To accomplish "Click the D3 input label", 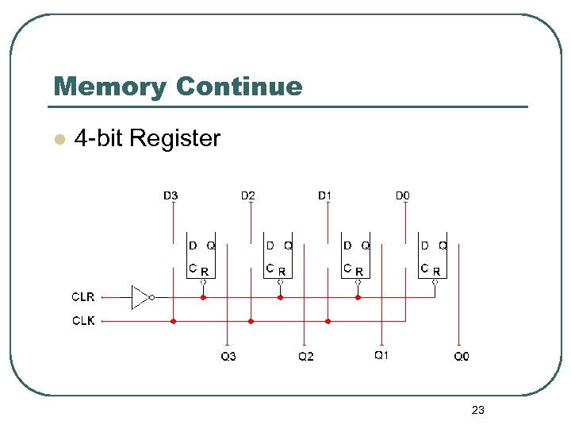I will click(171, 195).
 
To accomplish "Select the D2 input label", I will click(248, 195).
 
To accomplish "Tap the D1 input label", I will click(325, 195).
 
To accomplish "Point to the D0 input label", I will click(403, 195).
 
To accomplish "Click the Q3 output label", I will click(228, 357).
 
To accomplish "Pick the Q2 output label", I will click(305, 357).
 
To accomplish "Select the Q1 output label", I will click(381, 355).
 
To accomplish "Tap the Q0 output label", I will click(461, 357).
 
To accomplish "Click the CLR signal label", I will click(83, 297).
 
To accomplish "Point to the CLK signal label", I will click(83, 321).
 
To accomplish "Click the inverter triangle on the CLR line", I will click(140, 298).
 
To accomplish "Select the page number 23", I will click(477, 410).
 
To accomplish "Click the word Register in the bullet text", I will click(174, 138).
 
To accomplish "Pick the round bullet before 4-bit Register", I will click(57, 140).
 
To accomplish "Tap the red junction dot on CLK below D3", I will click(173, 322).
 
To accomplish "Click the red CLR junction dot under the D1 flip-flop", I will click(358, 298).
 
